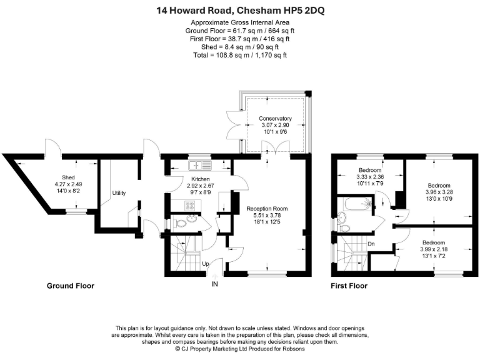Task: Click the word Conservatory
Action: coord(276,118)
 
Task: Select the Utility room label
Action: coord(119,193)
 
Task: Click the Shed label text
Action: coord(68,177)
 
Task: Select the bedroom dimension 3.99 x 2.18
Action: coord(434,249)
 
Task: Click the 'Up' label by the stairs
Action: coord(204,263)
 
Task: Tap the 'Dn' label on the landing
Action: coord(371,244)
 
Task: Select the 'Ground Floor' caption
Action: coord(71,286)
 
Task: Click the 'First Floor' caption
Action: coord(349,286)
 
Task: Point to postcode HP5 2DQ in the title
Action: coord(302,10)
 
